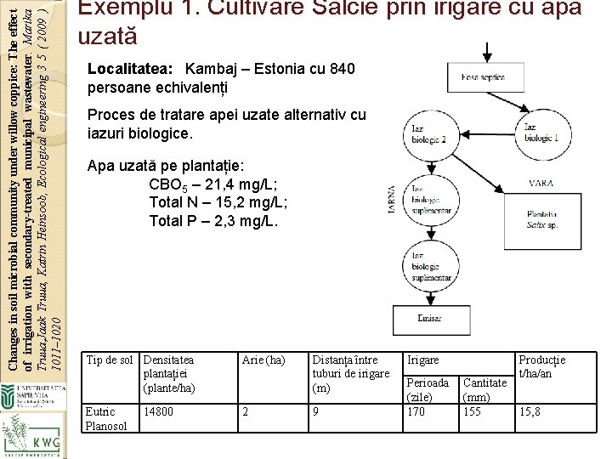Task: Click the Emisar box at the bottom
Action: [x=429, y=320]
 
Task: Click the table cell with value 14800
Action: [x=159, y=411]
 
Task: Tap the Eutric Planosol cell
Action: [x=107, y=418]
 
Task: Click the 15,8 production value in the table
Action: [x=530, y=411]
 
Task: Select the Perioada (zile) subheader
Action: [x=428, y=389]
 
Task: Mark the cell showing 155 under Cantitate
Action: [x=473, y=411]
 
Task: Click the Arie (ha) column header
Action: [x=263, y=360]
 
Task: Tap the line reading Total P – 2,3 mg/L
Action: [x=213, y=221]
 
